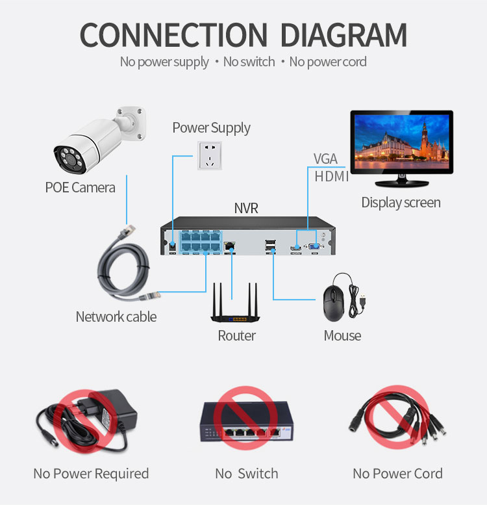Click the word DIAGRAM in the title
click(343, 35)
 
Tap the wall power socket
click(209, 155)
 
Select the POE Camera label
click(80, 187)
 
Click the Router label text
click(237, 335)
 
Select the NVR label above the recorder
click(246, 208)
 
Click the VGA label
click(325, 159)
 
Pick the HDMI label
click(331, 177)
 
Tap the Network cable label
click(116, 317)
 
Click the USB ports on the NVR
click(271, 246)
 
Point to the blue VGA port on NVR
click(314, 247)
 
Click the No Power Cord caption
click(397, 473)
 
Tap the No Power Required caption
click(91, 474)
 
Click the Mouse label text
click(342, 335)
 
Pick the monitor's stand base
click(402, 183)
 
